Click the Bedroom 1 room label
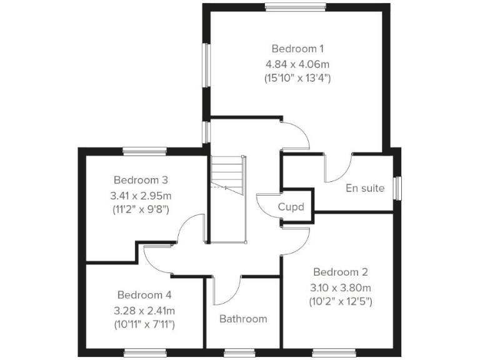coord(297,48)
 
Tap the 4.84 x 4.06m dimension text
coord(297,63)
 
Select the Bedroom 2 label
coord(340,272)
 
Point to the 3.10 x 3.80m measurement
coord(340,287)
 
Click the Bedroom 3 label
coord(139,179)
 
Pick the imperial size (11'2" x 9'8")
coord(139,209)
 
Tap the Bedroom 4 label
coord(144,294)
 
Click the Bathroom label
coord(243,319)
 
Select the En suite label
coord(365,187)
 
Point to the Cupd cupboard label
coord(291,207)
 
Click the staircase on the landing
coord(227,175)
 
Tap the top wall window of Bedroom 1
coord(296,7)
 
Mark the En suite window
coord(397,188)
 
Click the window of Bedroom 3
coord(144,150)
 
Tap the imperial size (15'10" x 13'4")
coord(297,79)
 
